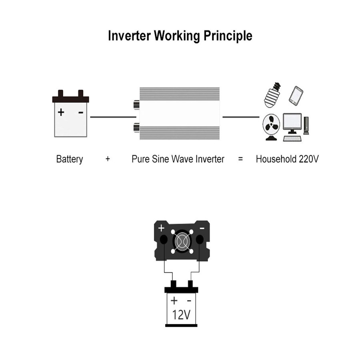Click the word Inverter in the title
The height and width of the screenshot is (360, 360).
(x=130, y=36)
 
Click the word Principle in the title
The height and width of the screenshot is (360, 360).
(x=228, y=36)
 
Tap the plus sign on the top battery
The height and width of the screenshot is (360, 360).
(x=61, y=112)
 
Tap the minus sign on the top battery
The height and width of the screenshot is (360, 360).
(x=81, y=112)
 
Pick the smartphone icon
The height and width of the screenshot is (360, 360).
(x=296, y=96)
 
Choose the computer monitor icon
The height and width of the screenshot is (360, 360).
(x=292, y=123)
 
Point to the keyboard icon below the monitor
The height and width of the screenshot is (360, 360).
(x=292, y=138)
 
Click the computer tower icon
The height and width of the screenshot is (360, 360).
(x=306, y=125)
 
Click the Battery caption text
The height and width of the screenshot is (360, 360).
(x=70, y=159)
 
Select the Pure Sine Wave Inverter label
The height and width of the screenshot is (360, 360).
(x=178, y=159)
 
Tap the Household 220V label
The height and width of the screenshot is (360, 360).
(x=287, y=159)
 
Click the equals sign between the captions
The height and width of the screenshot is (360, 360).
(x=240, y=159)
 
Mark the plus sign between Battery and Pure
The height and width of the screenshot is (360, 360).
(x=108, y=159)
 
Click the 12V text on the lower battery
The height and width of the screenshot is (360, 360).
(x=181, y=314)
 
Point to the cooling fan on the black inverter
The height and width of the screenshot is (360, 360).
(x=181, y=242)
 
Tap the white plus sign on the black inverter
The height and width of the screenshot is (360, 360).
(x=161, y=228)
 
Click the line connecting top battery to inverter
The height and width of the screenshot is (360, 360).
(x=113, y=117)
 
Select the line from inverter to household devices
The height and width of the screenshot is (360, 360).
(x=240, y=117)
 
